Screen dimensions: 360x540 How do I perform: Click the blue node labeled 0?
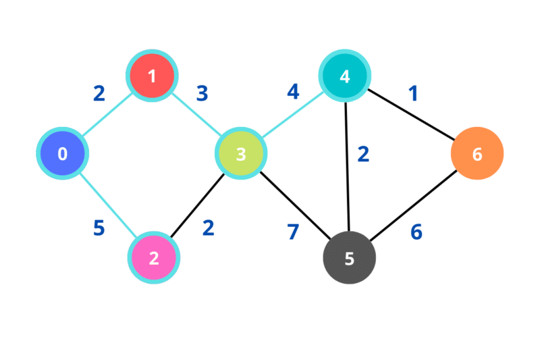coord(62,154)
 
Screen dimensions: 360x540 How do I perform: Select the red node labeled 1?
coord(152,76)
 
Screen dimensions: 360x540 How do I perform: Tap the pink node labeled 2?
coord(154,258)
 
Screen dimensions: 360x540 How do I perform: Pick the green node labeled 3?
coord(241,154)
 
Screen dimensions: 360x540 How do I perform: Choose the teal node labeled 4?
coord(345,76)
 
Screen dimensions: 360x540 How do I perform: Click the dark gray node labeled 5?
coord(349,258)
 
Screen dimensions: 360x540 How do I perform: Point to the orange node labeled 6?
coord(477,154)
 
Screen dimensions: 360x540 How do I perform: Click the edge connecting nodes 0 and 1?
coord(107,115)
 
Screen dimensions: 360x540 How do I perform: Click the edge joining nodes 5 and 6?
coord(413,206)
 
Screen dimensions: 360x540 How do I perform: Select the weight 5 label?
coord(99,229)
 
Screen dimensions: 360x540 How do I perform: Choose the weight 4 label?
coord(292,92)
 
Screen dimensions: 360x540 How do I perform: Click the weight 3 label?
coord(201,93)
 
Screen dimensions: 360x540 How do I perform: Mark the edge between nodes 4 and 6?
coord(411,115)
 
